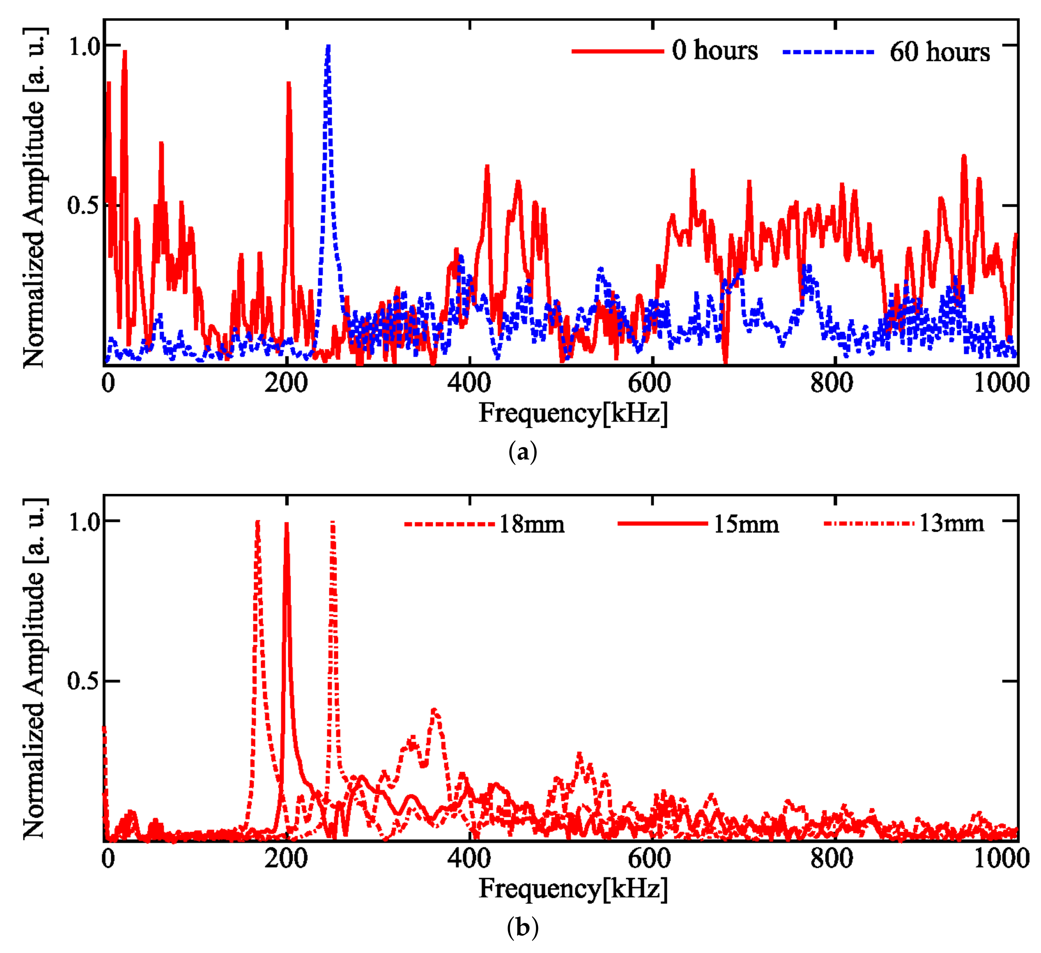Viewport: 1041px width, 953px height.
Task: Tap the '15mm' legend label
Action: pyautogui.click(x=746, y=525)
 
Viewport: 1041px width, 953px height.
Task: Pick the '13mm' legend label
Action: pyautogui.click(x=951, y=524)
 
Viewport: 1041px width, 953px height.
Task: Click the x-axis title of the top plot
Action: pyautogui.click(x=573, y=414)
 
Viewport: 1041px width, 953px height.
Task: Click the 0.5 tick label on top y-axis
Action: pyautogui.click(x=83, y=206)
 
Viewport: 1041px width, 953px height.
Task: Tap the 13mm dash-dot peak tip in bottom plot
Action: pyautogui.click(x=333, y=523)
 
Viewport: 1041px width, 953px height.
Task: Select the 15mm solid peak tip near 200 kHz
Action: pyautogui.click(x=287, y=524)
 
